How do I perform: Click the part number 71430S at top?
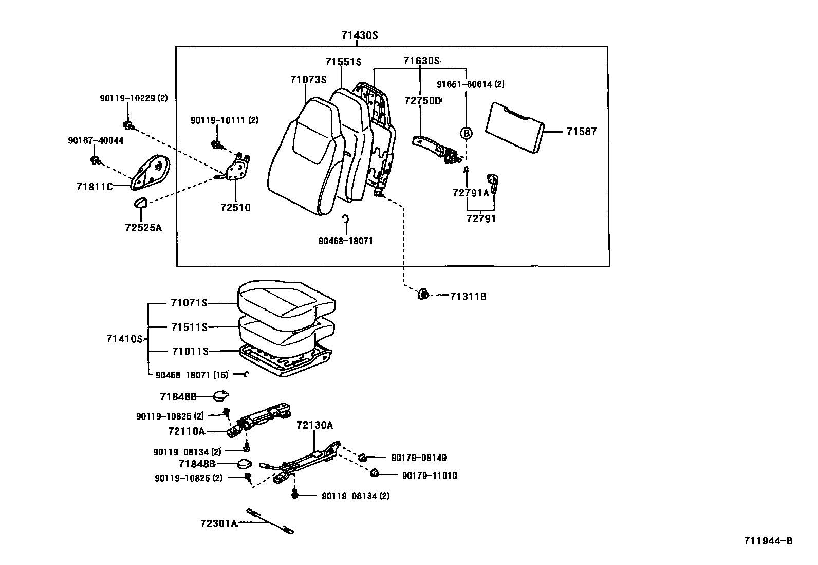click(360, 35)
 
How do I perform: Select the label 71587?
click(582, 132)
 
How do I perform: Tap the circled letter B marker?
click(466, 133)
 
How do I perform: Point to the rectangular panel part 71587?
click(515, 126)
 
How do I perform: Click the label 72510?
click(235, 208)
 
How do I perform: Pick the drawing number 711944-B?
click(768, 541)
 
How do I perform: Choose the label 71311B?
click(468, 297)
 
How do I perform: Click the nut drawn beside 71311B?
click(423, 295)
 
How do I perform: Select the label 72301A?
click(219, 523)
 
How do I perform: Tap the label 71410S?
click(124, 339)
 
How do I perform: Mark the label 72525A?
click(143, 227)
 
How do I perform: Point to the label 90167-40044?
click(96, 140)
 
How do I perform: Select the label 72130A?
click(314, 425)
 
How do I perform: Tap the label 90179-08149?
click(419, 458)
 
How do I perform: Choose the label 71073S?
click(308, 80)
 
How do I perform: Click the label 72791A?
click(471, 193)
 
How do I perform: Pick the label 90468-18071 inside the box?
click(345, 241)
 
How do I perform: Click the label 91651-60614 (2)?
click(471, 84)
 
